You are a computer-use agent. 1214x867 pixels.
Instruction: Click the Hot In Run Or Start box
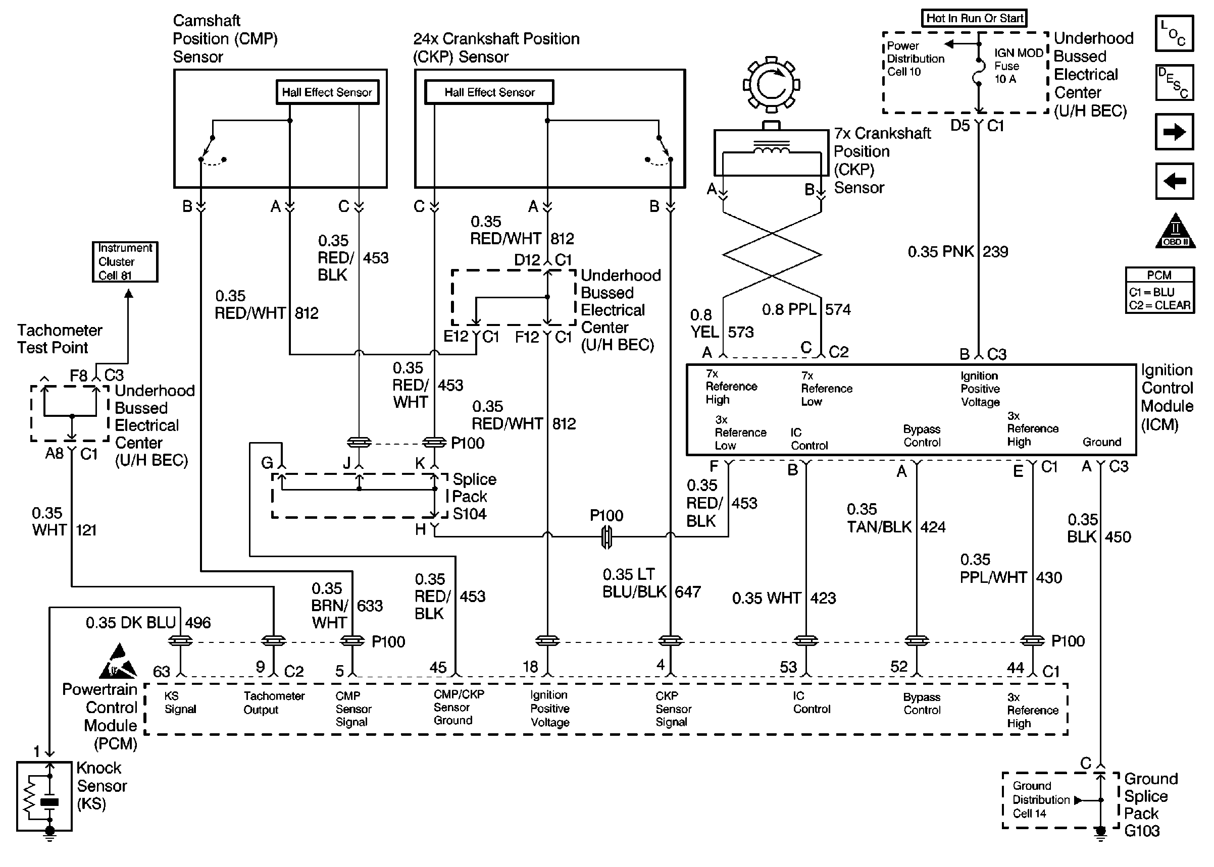click(x=974, y=18)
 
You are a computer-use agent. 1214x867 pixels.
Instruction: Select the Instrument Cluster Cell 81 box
click(x=125, y=261)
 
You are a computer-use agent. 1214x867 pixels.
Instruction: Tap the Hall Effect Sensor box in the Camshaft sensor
click(x=327, y=92)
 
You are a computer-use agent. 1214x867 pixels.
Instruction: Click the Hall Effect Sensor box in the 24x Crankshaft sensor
click(x=489, y=92)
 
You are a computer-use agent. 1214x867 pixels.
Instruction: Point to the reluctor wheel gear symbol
click(x=771, y=84)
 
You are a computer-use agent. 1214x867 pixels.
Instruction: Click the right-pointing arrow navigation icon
click(x=1174, y=132)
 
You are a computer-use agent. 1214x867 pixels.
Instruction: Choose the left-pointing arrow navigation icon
click(x=1174, y=182)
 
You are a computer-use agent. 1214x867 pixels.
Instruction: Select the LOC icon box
click(x=1174, y=34)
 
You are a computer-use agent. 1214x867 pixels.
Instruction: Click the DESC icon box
click(x=1174, y=83)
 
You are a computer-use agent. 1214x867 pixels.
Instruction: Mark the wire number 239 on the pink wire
click(x=995, y=251)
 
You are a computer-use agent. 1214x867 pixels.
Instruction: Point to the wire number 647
click(x=687, y=591)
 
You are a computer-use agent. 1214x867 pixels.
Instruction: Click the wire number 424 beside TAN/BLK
click(x=933, y=527)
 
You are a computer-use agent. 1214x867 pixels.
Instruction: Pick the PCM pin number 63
click(x=161, y=671)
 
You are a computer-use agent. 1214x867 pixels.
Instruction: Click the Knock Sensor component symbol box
click(x=44, y=796)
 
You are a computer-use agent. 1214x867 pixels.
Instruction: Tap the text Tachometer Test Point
click(x=59, y=339)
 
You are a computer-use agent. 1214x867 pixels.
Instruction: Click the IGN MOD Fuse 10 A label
click(x=1017, y=66)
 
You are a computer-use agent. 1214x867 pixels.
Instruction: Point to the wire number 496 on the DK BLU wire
click(x=197, y=622)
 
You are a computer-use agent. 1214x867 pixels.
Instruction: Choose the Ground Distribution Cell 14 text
click(x=1038, y=800)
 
